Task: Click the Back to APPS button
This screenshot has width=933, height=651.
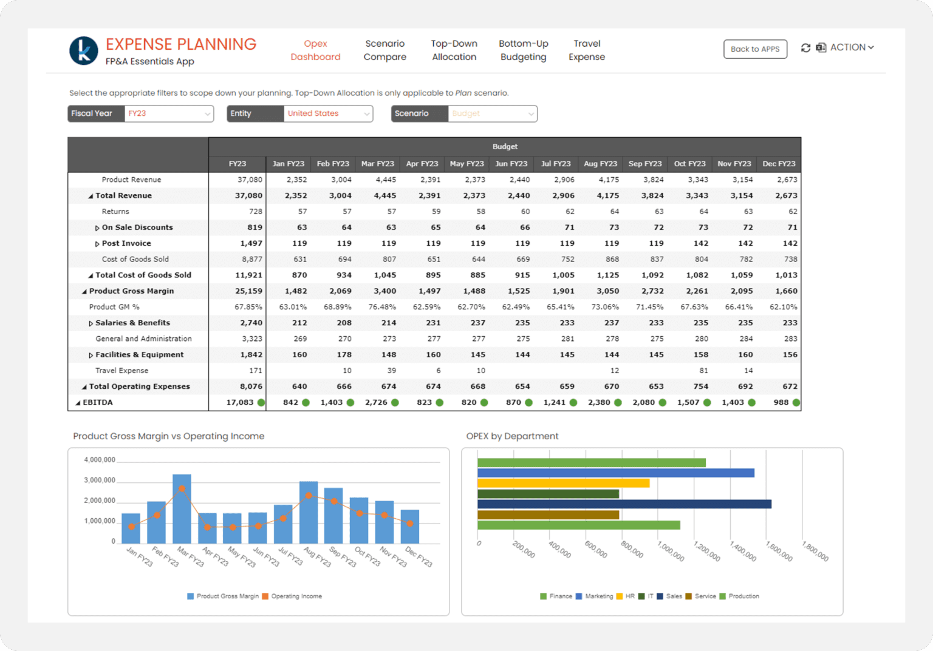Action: coord(754,49)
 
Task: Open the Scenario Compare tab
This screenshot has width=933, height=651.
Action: coord(384,50)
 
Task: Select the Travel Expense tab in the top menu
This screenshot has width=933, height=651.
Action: coord(586,50)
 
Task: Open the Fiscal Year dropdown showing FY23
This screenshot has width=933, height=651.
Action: coord(168,113)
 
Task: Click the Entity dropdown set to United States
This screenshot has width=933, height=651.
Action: coord(328,113)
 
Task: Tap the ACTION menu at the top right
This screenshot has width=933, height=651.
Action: coord(852,47)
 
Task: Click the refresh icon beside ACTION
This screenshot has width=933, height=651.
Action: coord(805,48)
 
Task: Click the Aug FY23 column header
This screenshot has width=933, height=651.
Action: coord(600,164)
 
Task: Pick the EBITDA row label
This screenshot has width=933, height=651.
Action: coord(98,402)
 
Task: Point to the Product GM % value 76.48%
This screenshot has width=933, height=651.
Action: coord(381,307)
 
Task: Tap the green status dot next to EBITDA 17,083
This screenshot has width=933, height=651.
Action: coord(261,402)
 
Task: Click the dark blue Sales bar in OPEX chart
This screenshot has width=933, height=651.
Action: coord(624,504)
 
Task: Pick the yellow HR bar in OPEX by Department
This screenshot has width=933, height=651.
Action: coord(563,484)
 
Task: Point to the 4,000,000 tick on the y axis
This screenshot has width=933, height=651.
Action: coord(99,460)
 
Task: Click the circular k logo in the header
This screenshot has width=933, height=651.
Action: coord(84,50)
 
